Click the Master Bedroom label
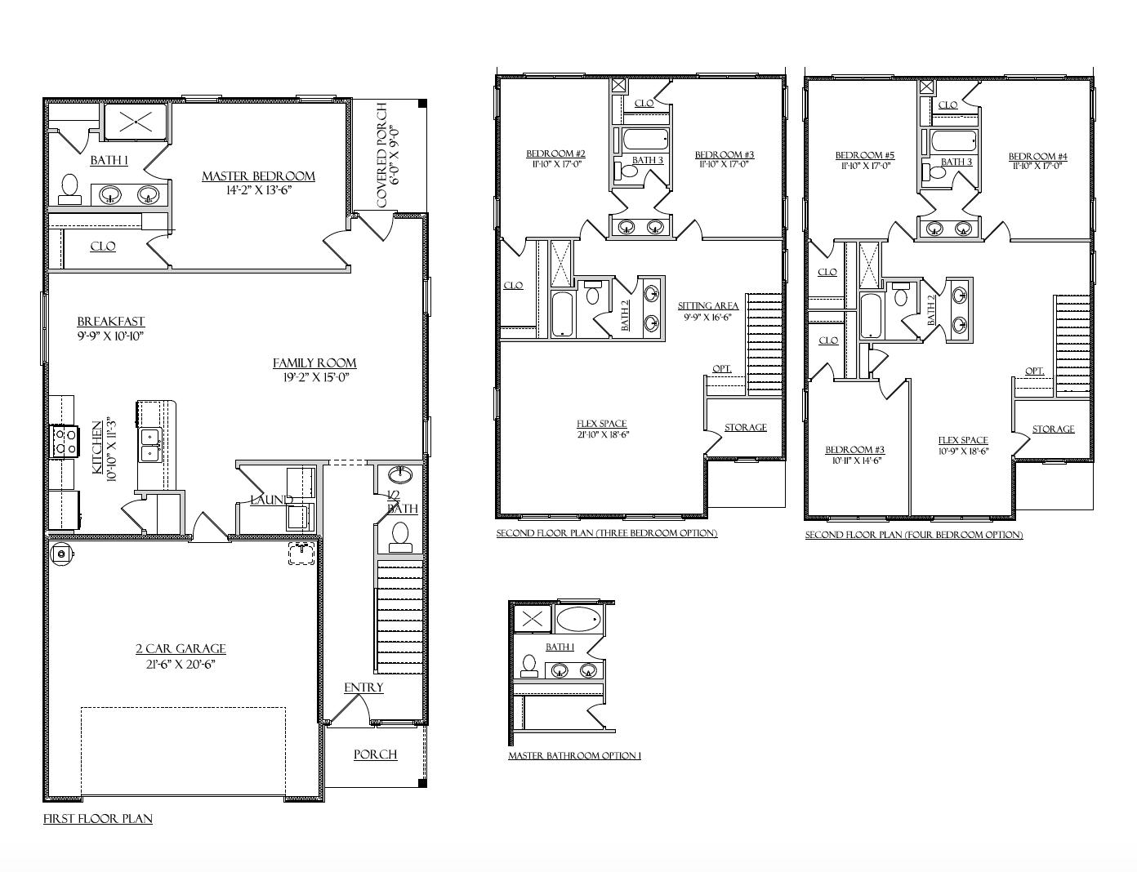258,176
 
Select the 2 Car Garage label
181,648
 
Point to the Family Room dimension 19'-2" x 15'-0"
314,377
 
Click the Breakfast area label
111,322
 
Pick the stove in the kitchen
65,442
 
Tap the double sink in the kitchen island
149,445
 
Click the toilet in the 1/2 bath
400,535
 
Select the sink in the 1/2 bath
399,474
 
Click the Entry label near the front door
363,687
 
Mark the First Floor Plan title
98,818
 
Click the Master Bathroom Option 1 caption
574,756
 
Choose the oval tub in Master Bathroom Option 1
578,618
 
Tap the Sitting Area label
708,306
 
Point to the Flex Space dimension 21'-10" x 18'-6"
602,435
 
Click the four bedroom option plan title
913,535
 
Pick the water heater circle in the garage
60,554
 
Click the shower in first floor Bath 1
132,123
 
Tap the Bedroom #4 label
1037,157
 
